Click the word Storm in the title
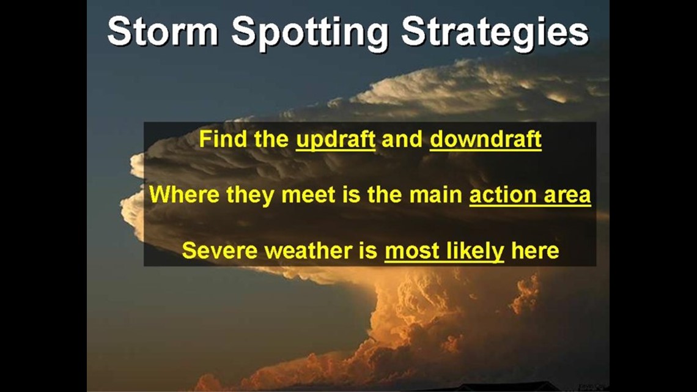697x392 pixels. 163,31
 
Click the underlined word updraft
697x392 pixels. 336,139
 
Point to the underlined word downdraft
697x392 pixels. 485,139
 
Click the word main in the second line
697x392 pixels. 435,195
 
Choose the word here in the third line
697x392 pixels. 535,251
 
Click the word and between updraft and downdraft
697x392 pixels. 402,139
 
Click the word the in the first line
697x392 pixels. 271,139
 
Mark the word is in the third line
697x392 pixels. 369,250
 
